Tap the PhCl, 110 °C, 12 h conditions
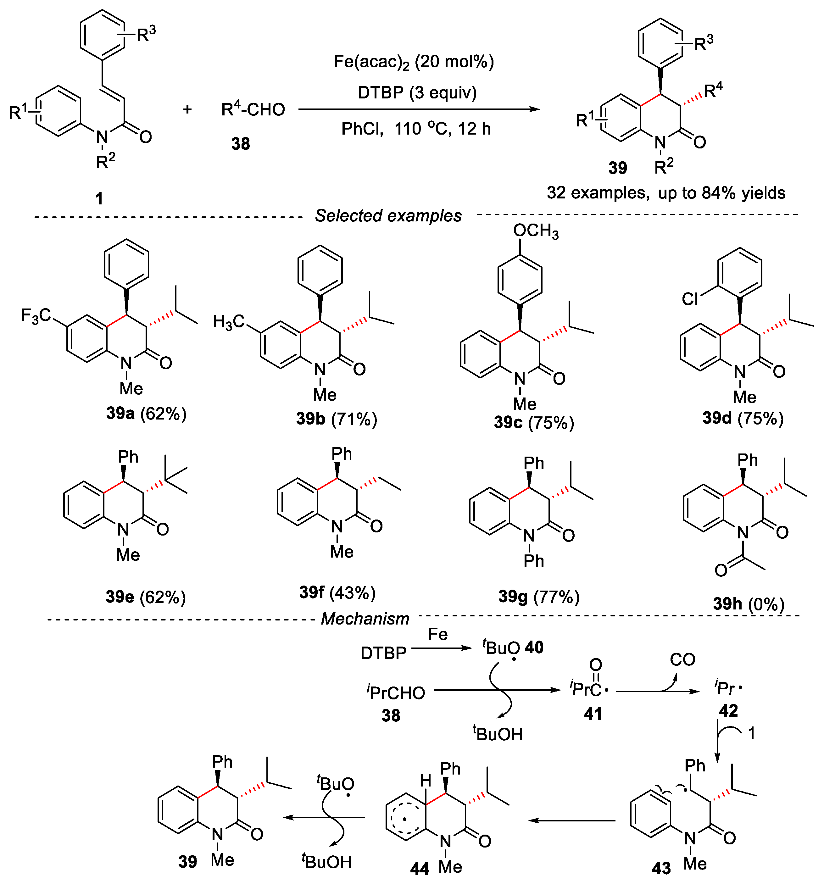tap(416, 129)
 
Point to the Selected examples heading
tap(388, 216)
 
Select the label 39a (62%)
tap(146, 414)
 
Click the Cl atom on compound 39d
tap(690, 299)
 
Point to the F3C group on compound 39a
tap(36, 316)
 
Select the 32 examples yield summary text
tap(666, 193)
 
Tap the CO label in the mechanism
tap(682, 659)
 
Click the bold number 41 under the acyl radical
tap(593, 714)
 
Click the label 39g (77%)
tap(538, 597)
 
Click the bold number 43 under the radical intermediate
tap(661, 868)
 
